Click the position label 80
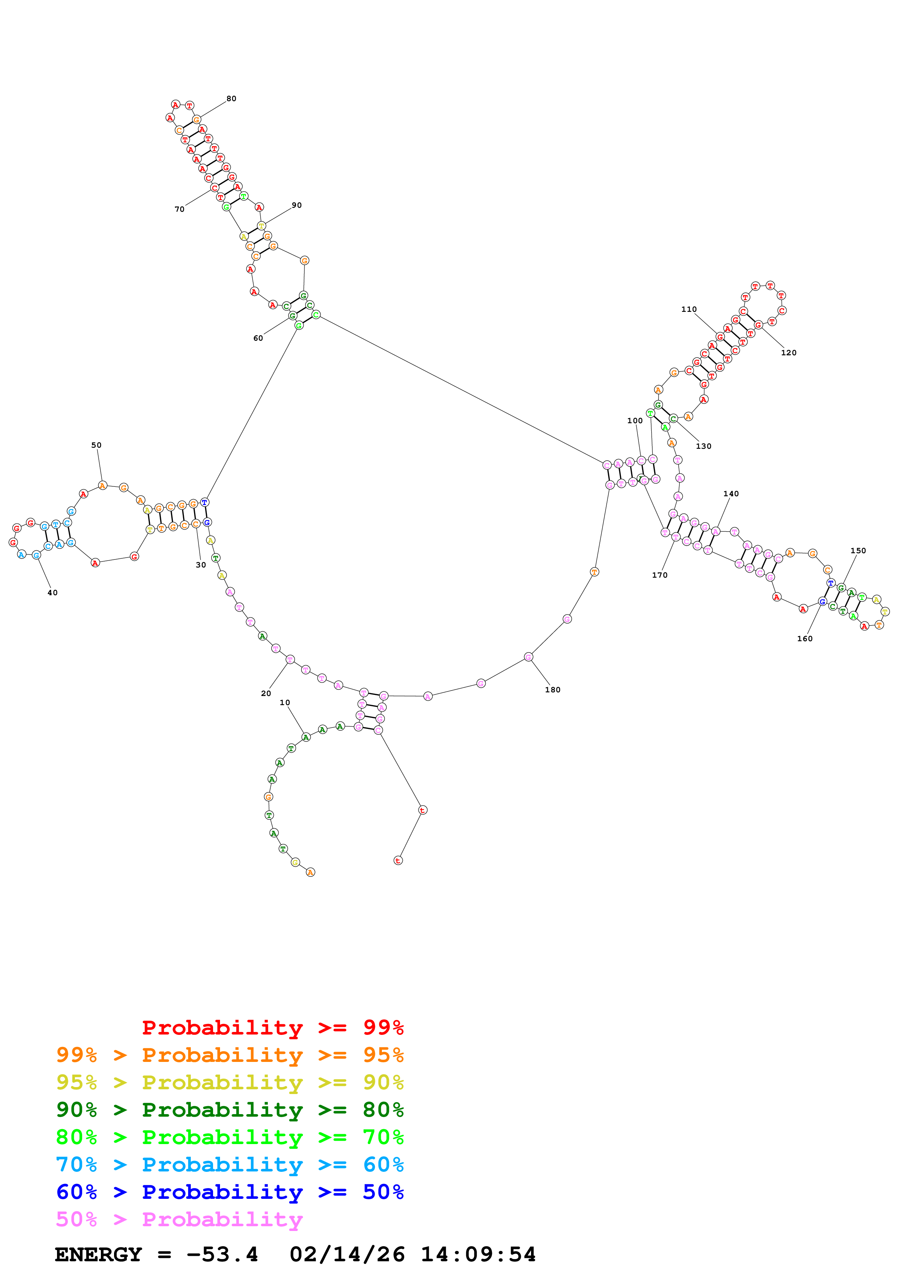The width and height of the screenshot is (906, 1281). [231, 99]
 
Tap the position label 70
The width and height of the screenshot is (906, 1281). [179, 209]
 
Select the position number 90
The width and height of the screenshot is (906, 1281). [296, 205]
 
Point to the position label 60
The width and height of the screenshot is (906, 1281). [258, 338]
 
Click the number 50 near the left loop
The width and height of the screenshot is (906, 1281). [96, 445]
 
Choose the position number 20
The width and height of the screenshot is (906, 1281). [266, 693]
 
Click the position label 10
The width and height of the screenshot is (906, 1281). [285, 703]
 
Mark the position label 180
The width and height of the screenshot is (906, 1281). [553, 689]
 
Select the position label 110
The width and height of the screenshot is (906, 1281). [689, 309]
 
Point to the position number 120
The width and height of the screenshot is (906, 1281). [789, 353]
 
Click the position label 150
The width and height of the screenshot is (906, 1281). [858, 551]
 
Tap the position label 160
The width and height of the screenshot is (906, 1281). [804, 639]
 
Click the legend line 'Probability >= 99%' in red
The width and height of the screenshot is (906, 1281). [272, 1028]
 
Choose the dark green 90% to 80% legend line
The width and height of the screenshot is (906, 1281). [230, 1110]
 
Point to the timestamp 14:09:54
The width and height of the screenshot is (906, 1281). [478, 1254]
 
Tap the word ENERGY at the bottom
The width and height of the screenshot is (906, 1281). [98, 1254]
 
